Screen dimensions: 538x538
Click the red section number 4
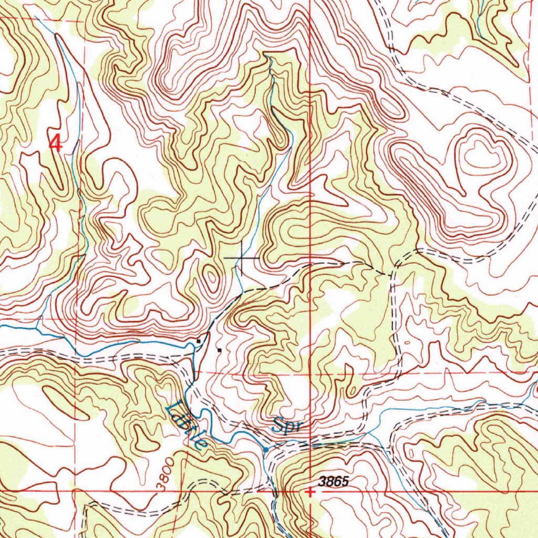tap(56, 142)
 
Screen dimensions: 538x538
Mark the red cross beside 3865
tap(311, 492)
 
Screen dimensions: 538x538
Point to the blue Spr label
tap(287, 425)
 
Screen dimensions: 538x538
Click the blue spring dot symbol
tap(267, 450)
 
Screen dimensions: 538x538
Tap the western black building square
tap(198, 341)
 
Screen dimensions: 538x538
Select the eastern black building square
tap(220, 349)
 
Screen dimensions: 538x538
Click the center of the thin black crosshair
tap(241, 258)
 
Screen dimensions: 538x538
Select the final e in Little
tap(200, 442)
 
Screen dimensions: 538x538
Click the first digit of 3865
tap(322, 481)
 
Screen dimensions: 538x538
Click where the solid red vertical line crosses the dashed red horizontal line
tap(311, 373)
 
